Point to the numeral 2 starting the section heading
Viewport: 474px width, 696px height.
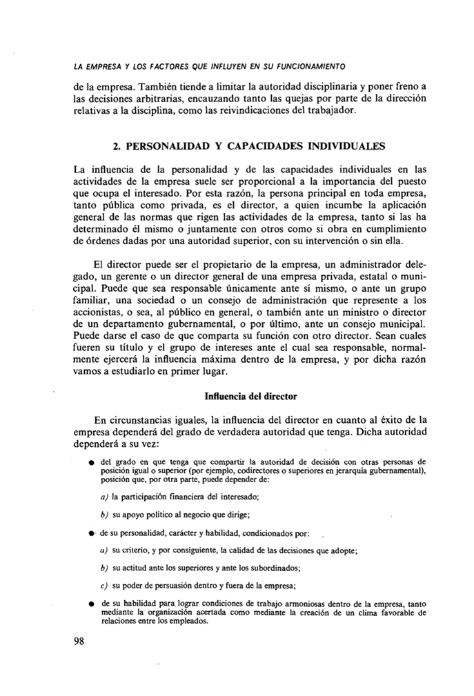(115, 146)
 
